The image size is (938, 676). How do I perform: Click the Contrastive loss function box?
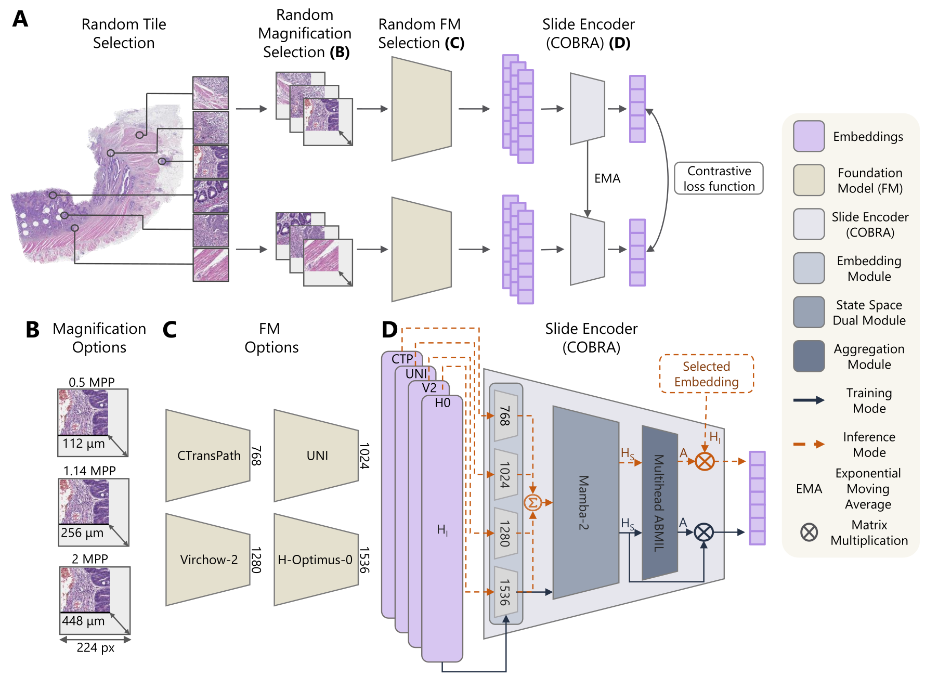719,178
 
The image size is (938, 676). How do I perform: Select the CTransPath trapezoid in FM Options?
208,456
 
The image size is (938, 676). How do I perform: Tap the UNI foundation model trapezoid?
316,456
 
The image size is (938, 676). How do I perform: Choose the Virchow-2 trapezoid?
208,560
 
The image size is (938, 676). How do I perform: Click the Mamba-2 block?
585,502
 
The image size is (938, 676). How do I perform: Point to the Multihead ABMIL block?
659,502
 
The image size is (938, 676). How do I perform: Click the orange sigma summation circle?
532,503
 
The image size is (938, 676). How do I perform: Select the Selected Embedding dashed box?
706,374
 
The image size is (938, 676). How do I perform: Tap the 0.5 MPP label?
92,382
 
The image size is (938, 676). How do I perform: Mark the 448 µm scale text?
83,621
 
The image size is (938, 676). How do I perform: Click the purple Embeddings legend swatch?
809,136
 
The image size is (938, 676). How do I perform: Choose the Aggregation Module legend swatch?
809,356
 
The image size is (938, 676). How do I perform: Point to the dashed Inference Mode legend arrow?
809,444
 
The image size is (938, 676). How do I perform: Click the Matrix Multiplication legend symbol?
809,532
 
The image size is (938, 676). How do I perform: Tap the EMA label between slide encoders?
607,178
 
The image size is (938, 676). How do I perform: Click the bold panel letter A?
20,19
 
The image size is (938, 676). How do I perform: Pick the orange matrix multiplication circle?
705,461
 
